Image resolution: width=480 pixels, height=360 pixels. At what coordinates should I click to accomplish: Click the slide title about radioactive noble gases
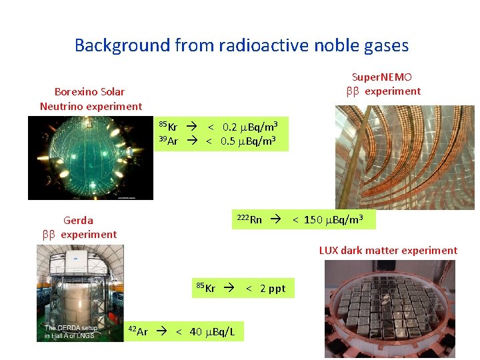pos(241,45)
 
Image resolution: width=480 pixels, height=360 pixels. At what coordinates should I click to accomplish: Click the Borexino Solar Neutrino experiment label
pos(91,99)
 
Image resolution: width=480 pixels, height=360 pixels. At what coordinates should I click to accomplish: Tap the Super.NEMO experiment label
pos(383,84)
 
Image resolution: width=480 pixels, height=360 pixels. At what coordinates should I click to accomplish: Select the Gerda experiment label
pos(79,227)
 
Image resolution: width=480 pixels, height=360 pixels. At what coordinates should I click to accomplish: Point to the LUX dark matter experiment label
pos(388,251)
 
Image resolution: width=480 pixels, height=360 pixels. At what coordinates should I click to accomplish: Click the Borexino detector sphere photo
pos(90,158)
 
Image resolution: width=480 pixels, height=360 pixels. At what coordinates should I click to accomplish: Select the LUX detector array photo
pos(389,308)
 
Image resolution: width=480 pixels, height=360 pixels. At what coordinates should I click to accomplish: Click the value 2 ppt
pos(272,289)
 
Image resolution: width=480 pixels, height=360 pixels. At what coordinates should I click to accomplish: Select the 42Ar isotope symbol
pos(138,331)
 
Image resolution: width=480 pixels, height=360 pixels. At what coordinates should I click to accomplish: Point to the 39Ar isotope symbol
pos(169,141)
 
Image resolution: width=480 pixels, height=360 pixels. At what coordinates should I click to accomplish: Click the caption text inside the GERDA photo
pos(71,331)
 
